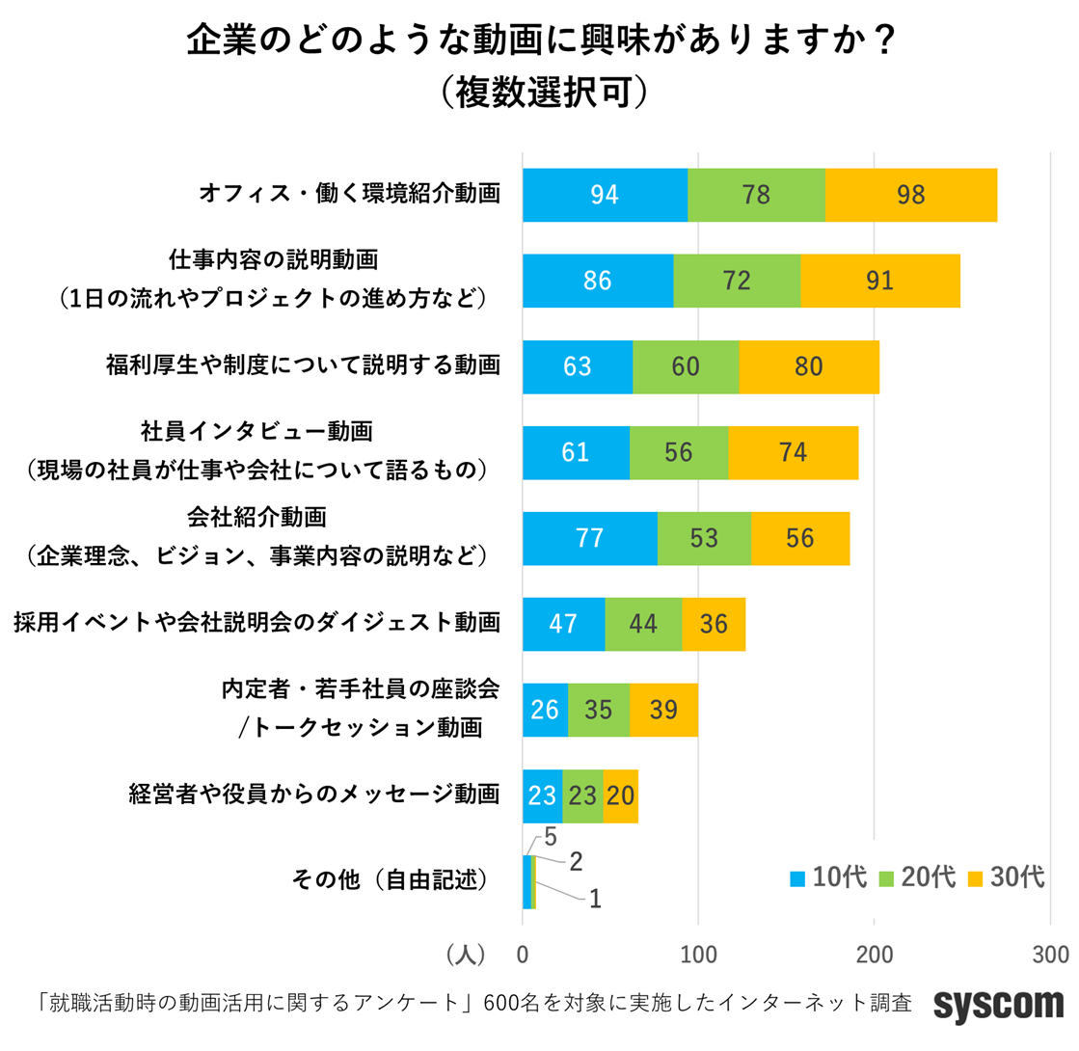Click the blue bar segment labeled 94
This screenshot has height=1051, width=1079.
point(605,195)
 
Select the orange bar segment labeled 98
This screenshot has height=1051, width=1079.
point(910,195)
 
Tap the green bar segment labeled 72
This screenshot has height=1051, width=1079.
point(737,281)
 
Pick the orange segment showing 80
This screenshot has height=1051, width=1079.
point(809,366)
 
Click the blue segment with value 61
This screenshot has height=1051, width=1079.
point(576,452)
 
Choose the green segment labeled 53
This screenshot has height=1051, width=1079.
point(704,538)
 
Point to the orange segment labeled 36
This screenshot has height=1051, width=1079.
point(714,624)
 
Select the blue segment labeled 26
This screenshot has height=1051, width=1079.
point(545,710)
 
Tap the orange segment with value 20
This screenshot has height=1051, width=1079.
point(620,795)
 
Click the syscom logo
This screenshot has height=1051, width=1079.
point(998,1005)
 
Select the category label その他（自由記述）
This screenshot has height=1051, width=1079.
point(388,881)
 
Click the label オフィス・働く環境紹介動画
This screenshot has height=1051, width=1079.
point(350,195)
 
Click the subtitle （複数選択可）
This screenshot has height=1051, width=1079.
point(539,92)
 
